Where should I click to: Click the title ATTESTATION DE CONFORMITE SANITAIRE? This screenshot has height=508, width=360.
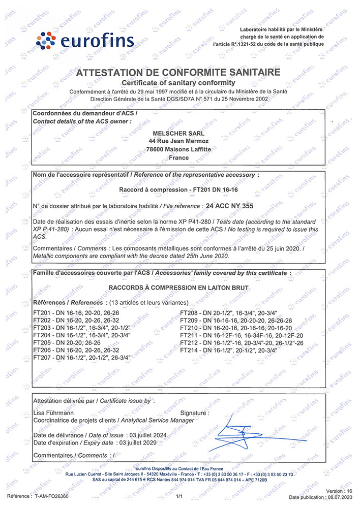178,73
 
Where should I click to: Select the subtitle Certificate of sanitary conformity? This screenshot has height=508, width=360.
178,82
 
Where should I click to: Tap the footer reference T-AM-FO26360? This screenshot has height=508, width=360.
51,495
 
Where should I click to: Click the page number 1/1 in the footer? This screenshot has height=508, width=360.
178,495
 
